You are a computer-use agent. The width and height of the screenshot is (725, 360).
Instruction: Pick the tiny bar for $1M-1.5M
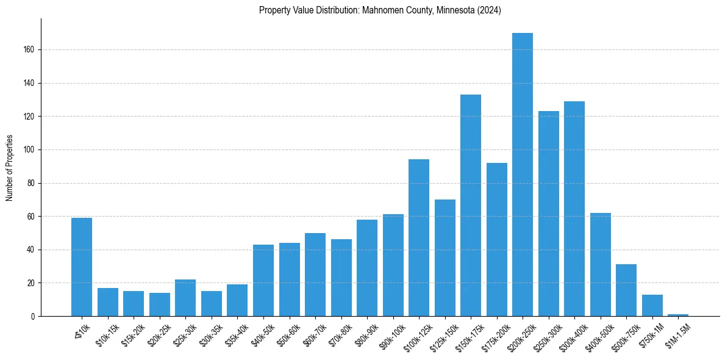(x=678, y=315)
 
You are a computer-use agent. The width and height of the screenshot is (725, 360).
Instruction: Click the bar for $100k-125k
(x=419, y=238)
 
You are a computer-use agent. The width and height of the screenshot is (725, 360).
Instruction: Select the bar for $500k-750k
(x=626, y=290)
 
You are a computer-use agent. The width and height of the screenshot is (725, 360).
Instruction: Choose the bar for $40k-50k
(x=263, y=281)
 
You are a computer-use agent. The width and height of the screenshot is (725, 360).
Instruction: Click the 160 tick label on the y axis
(x=32, y=49)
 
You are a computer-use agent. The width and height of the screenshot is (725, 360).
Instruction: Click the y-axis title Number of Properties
(x=10, y=167)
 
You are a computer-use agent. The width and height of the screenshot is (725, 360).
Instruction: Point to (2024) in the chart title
(x=488, y=10)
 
